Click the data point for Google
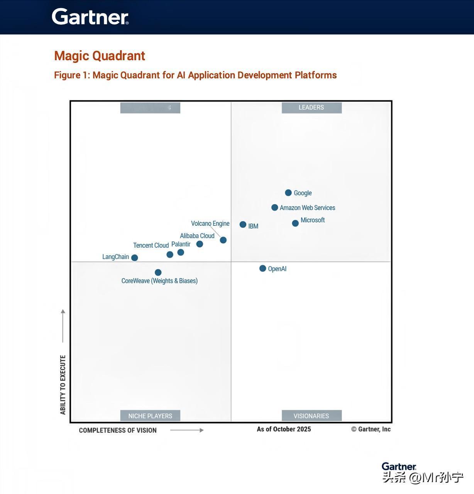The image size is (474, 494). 288,193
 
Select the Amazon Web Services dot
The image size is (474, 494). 274,208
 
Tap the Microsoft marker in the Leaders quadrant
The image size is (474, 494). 295,223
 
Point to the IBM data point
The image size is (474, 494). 243,224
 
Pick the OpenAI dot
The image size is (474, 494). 262,268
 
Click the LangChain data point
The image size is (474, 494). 134,257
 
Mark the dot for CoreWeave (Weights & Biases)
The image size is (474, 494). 158,272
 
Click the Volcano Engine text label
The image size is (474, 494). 210,223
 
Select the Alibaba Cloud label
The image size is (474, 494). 197,236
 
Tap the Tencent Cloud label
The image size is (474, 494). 151,245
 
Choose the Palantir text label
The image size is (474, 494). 181,244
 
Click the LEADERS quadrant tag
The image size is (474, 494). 311,108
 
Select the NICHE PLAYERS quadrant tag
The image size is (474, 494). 150,416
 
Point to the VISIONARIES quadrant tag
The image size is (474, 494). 311,416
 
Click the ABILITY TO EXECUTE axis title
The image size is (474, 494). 63,385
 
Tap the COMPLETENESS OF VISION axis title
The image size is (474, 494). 118,430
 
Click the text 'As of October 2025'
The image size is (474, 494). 284,429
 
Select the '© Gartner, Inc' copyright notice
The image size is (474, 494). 371,429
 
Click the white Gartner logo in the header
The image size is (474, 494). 90,17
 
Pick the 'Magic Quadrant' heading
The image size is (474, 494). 100,56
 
